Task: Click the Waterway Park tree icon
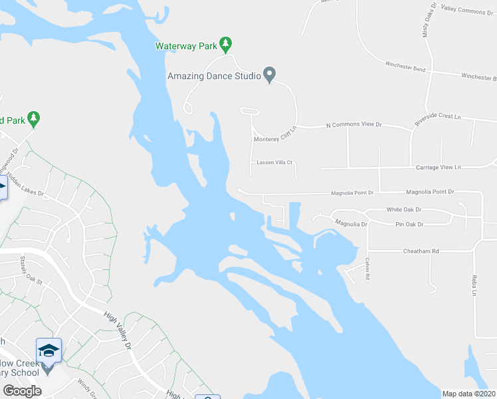point(226,44)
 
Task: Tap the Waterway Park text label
point(186,47)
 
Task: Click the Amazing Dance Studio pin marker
point(269,74)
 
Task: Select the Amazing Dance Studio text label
point(214,76)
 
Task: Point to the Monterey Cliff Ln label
point(274,139)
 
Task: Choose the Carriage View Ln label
point(439,168)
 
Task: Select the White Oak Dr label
point(404,209)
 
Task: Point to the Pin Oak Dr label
point(409,225)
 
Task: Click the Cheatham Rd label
point(421,251)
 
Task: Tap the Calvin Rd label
point(367,269)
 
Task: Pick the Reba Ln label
point(474,283)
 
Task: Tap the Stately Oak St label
point(31,272)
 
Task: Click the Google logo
point(23,391)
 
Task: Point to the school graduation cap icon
point(49,350)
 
